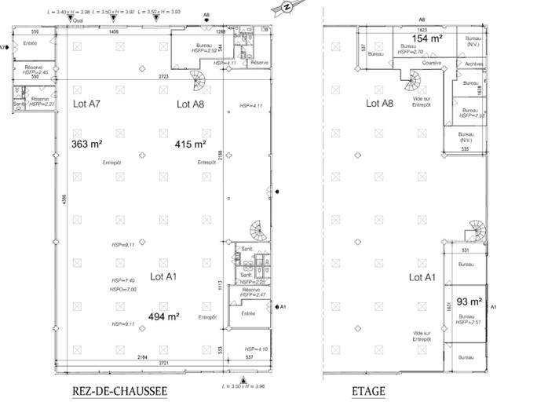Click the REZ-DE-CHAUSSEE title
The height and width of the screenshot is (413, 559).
pos(120,390)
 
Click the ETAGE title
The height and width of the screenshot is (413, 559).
pos(368,390)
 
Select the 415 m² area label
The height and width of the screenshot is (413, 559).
pos(191,144)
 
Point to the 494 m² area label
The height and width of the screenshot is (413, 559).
pos(165,317)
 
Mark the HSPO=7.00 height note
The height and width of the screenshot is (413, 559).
pos(124,290)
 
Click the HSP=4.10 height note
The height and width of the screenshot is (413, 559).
pos(257,349)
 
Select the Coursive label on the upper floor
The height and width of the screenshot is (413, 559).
pos(432,63)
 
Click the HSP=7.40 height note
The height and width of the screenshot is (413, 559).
pos(124,280)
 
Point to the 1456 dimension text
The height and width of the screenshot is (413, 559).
pos(115,32)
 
